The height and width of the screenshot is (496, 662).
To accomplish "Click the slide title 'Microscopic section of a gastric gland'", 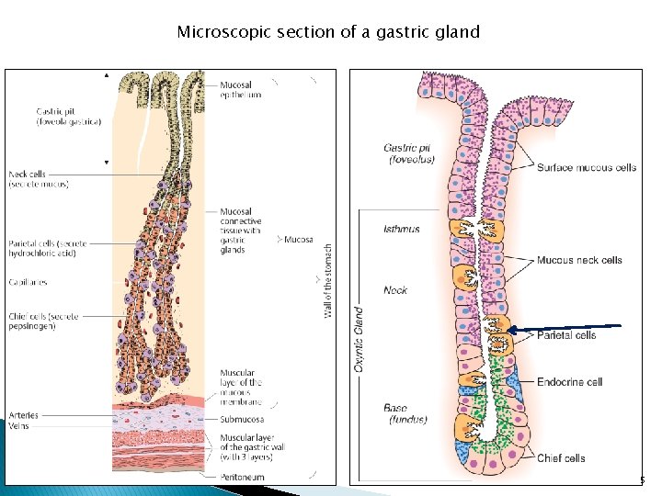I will click(328, 32).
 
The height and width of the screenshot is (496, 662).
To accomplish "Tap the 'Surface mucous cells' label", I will click(587, 168).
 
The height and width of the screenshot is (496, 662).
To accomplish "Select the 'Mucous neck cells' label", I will click(579, 260).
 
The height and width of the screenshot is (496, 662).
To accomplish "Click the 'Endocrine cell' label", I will click(569, 382).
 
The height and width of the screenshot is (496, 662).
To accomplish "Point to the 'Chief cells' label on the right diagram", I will click(561, 458).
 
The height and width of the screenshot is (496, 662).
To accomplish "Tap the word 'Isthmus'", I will click(401, 229).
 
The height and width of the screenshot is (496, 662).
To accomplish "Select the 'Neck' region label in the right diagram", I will click(395, 290).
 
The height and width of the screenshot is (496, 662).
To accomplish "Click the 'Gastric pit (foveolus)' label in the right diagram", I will click(409, 153).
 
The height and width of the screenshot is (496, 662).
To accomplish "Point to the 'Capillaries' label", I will click(29, 283).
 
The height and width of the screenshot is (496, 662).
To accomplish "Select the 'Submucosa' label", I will click(242, 419).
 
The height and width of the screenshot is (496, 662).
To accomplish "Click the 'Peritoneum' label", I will click(243, 477).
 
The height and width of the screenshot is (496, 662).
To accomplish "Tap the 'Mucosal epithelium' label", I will click(241, 89).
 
